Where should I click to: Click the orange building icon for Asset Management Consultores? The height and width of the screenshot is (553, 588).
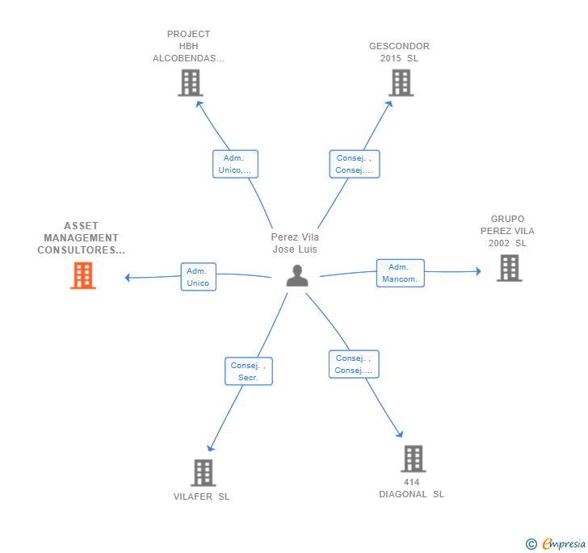point(82,275)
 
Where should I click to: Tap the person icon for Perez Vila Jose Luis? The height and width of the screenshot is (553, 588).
point(297,276)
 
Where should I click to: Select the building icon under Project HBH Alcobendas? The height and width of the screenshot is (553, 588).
point(190,82)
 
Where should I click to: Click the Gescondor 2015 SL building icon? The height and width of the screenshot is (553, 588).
point(401,82)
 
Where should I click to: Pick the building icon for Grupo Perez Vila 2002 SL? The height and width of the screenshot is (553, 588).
point(509,268)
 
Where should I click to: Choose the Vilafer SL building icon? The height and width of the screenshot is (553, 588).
point(203,472)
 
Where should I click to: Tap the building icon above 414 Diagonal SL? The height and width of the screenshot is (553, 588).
point(413,459)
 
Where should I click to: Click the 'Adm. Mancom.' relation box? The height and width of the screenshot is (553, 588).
point(400,273)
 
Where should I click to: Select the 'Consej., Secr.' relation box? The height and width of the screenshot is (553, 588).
point(248,371)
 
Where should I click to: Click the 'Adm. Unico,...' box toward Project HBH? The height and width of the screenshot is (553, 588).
point(235,164)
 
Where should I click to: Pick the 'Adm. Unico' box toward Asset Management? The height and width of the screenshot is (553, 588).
point(198,277)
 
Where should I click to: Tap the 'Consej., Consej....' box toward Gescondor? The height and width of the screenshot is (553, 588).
point(354,164)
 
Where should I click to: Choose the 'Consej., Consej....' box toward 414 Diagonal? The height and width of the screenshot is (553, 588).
point(354,364)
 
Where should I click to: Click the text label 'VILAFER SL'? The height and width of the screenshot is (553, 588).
point(201,496)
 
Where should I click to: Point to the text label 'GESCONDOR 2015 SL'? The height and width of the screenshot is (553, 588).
point(399,52)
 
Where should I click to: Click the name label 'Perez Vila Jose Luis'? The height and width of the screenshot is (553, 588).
point(295,243)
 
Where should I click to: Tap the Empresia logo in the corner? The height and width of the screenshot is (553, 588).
point(556,543)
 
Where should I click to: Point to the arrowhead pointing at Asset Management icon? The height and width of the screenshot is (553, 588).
point(128,278)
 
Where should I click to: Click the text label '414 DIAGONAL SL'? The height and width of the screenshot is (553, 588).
point(411,488)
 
